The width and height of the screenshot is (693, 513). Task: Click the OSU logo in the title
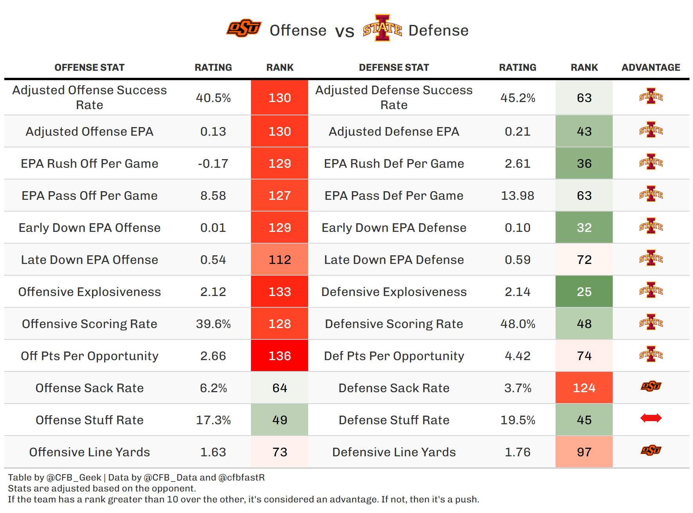point(244,28)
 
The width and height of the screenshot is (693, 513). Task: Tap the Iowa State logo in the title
point(382,28)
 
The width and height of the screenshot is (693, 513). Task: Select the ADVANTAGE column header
point(651,68)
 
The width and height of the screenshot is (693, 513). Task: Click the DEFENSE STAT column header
point(394,68)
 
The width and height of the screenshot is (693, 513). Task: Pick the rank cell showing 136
point(280,356)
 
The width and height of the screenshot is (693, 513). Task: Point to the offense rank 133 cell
point(280,292)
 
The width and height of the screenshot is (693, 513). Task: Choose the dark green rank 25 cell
point(584,292)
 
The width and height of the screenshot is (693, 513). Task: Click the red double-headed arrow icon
point(651,418)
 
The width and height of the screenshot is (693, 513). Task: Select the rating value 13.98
point(518,196)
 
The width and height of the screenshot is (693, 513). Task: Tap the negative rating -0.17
point(213,163)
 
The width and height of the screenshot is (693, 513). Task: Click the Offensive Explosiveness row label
point(90,292)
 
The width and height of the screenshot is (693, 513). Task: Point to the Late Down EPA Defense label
point(394,260)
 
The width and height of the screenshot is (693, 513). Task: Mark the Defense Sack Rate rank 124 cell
point(584,388)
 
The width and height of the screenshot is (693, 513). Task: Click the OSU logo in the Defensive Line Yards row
point(651,450)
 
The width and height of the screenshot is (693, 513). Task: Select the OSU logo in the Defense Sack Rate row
point(651,386)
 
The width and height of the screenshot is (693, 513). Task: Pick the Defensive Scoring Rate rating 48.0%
point(518,324)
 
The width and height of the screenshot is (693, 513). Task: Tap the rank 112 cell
point(280,260)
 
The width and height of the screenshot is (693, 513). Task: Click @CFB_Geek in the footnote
point(74,477)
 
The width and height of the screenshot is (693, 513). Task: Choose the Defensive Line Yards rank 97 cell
point(584,452)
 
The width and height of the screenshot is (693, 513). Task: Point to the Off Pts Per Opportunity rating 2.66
point(213,356)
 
